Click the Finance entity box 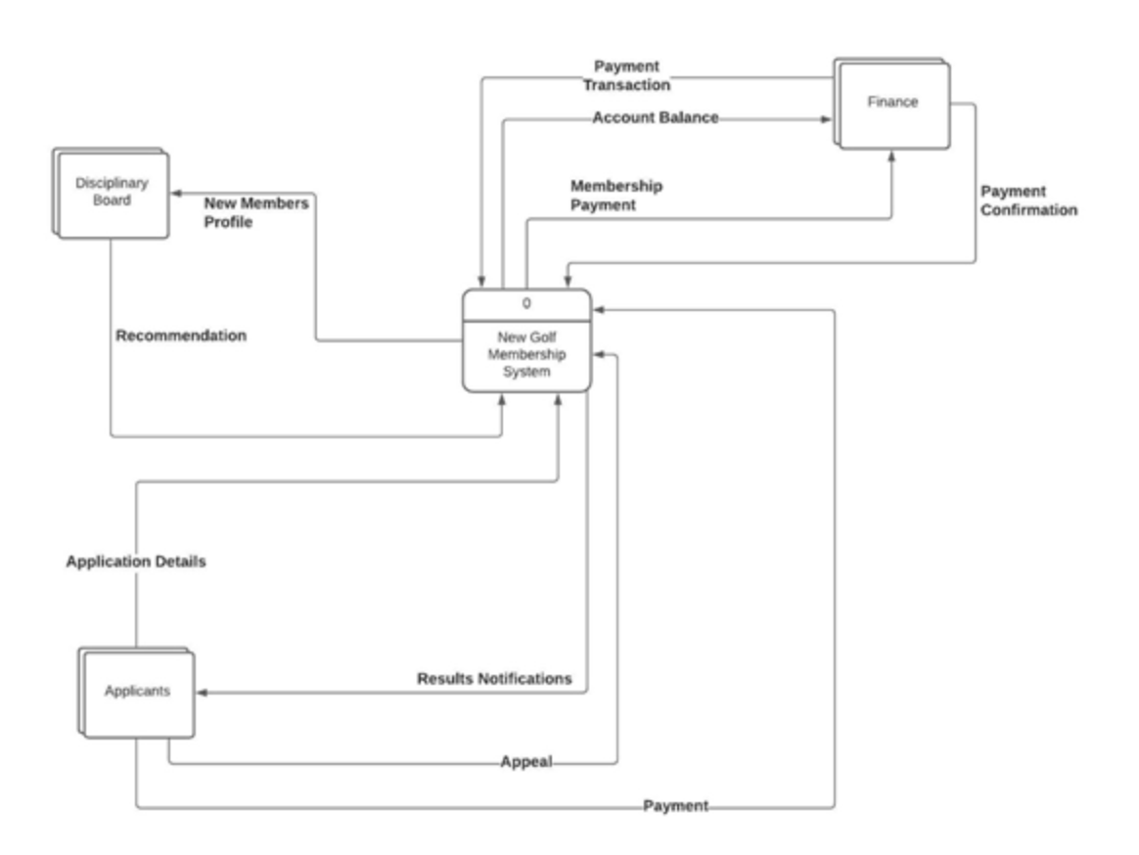click(x=892, y=103)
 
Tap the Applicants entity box click(x=137, y=691)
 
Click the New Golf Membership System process click(x=526, y=355)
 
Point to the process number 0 click(x=526, y=303)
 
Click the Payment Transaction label click(x=626, y=75)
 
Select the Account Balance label click(x=655, y=117)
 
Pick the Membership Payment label click(x=616, y=195)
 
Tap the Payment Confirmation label click(x=1028, y=201)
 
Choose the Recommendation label click(x=181, y=336)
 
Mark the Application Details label click(x=136, y=562)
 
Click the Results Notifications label click(x=494, y=678)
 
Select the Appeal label click(x=526, y=762)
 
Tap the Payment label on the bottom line click(x=675, y=806)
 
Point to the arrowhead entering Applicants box click(x=202, y=692)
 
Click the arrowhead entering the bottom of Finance click(x=890, y=155)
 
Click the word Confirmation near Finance click(x=1028, y=210)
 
